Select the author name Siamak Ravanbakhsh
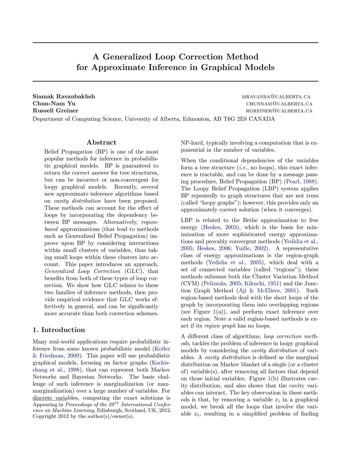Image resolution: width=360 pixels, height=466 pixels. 64,96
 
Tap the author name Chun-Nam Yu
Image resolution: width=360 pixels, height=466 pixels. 54,103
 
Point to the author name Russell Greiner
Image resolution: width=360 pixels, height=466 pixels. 55,110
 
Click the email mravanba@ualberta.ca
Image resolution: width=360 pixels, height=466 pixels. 276,97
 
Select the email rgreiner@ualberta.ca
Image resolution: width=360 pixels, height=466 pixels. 279,111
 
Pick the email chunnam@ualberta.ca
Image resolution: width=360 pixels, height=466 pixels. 279,104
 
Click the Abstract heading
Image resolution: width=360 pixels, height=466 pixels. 101,142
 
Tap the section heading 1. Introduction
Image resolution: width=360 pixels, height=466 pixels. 59,330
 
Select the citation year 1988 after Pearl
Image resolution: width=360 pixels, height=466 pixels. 310,181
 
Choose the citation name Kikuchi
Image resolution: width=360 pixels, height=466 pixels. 254,283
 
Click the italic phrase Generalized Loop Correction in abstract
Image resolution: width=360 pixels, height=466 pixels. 83,271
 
